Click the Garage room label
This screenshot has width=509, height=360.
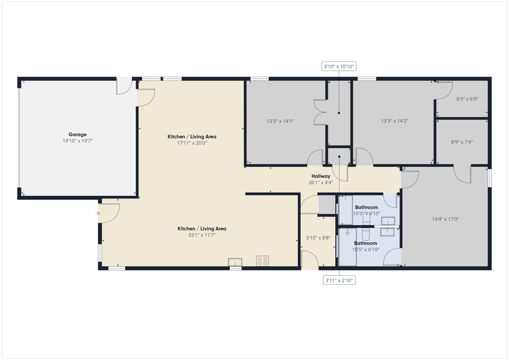click(78, 134)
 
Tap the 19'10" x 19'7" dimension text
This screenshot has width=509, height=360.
click(78, 141)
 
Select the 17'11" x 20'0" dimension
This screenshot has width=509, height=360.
click(192, 143)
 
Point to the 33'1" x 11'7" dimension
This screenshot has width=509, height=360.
click(202, 235)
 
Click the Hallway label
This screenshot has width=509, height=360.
click(321, 176)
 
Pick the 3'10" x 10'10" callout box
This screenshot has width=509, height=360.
click(338, 66)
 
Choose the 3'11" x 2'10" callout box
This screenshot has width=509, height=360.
click(339, 280)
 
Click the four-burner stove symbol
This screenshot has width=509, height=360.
click(262, 261)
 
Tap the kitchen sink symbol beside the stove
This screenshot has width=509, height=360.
click(235, 262)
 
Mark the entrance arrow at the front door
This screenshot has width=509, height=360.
click(98, 213)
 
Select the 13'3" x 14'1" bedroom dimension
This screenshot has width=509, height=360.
click(280, 121)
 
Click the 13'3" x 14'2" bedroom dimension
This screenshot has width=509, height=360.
click(394, 121)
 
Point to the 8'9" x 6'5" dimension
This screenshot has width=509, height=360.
click(467, 99)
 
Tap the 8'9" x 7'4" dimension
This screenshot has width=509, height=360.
click(462, 142)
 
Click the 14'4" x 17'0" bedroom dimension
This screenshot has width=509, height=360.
click(445, 219)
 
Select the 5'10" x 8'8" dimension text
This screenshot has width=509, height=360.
click(318, 238)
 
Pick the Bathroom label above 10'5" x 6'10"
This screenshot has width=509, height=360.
click(365, 243)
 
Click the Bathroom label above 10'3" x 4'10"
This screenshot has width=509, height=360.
click(367, 207)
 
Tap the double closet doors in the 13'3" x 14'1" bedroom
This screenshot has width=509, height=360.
click(320, 112)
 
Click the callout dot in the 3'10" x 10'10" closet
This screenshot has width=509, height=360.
click(339, 113)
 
